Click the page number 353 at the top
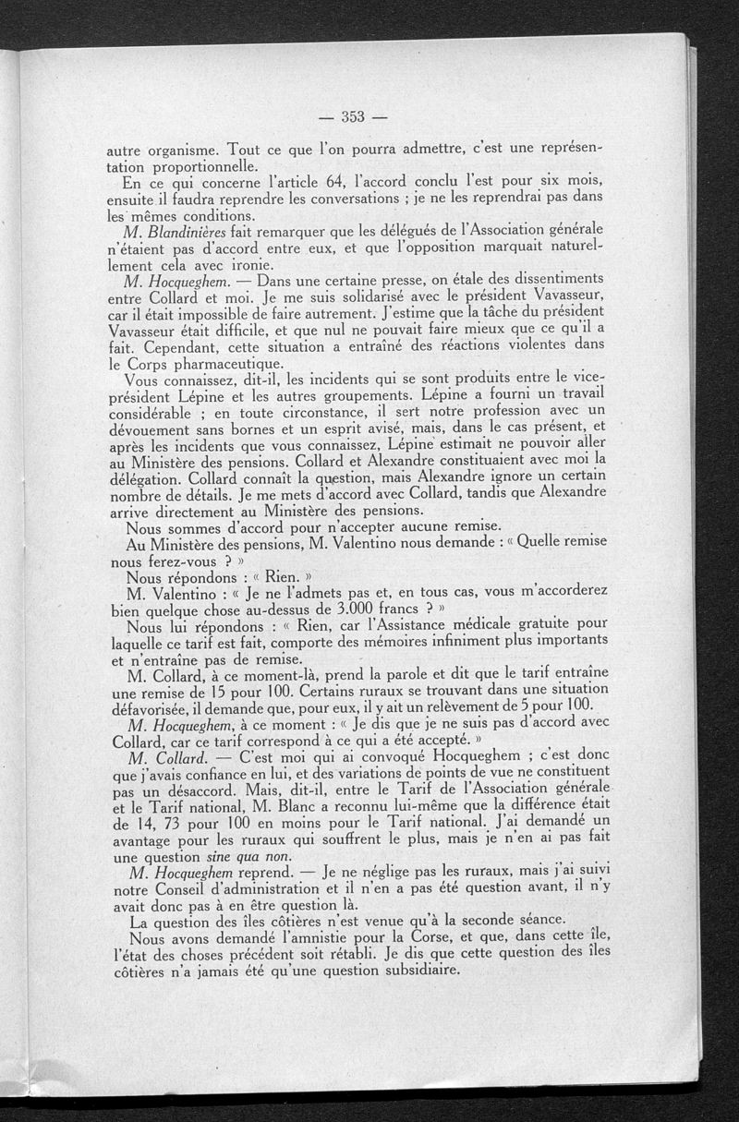(x=354, y=116)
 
